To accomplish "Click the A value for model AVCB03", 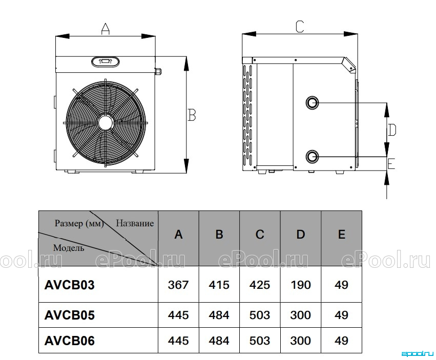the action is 178,285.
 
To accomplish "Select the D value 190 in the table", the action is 301,285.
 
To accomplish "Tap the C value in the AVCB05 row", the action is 260,315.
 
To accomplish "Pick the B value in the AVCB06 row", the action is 219,341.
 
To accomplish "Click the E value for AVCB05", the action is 341,315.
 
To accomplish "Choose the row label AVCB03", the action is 70,285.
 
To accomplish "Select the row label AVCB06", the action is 70,341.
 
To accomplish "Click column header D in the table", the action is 301,235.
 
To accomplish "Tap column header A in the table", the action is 178,235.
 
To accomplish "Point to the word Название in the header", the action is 135,223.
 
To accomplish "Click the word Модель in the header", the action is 69,248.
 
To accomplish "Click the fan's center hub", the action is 106,122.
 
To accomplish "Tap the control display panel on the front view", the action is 106,61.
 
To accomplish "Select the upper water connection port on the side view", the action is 312,103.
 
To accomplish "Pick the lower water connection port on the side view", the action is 312,157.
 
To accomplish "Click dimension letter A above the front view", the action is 105,29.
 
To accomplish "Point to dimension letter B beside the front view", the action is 192,115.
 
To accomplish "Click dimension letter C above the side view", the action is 300,27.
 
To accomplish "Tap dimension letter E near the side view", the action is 391,163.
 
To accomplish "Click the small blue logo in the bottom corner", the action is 418,354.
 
